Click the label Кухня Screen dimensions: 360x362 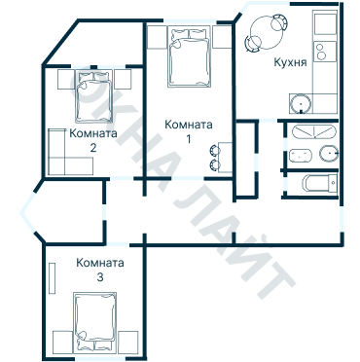tap(290, 61)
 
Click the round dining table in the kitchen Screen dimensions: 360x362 tap(266, 33)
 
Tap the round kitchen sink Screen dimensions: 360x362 tap(301, 104)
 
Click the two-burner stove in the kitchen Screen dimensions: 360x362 tap(325, 52)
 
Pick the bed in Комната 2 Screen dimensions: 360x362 tap(94, 96)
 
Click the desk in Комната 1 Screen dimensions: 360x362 tap(225, 157)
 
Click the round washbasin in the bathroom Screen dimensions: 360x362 tap(329, 153)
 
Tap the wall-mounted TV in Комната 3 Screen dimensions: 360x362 tap(52, 278)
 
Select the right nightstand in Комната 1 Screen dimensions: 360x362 tap(222, 37)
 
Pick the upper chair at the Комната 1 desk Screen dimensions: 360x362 tap(214, 150)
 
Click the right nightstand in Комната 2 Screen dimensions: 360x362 tap(123, 79)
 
